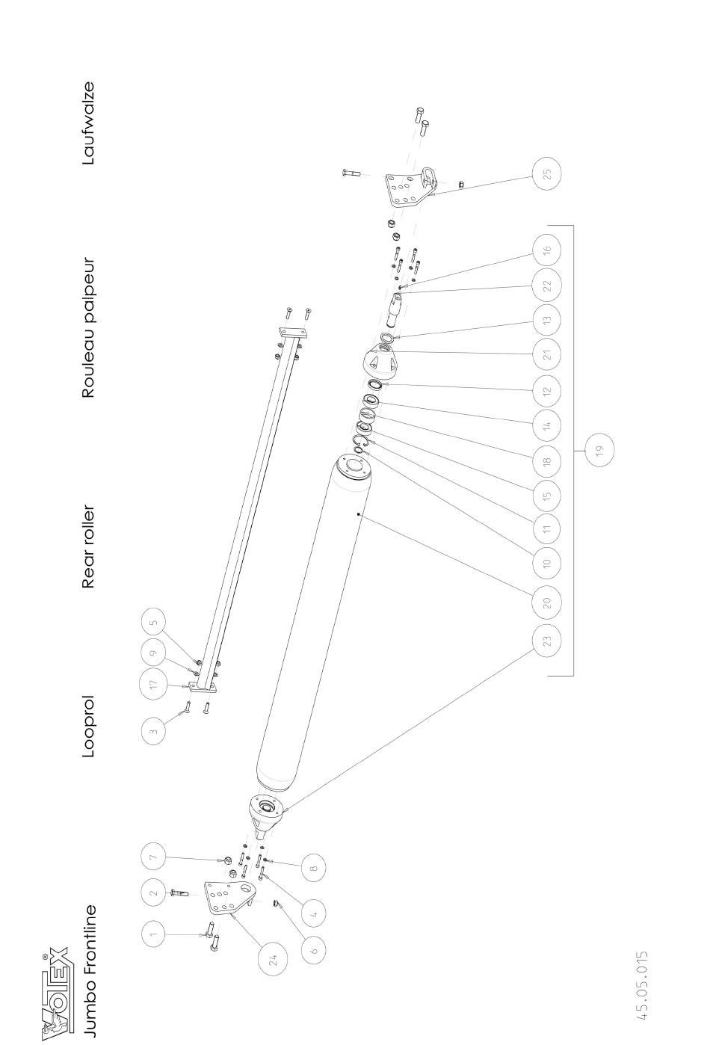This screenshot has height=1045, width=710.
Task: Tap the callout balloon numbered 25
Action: [x=547, y=173]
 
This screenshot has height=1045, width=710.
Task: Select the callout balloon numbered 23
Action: [x=547, y=640]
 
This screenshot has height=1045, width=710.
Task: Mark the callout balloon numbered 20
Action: [x=547, y=602]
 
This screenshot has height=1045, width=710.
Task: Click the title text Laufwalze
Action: [x=88, y=123]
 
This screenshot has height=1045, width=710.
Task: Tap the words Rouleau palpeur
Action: [x=89, y=328]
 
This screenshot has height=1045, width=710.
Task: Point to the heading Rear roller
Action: [x=88, y=546]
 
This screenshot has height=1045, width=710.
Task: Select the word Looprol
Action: [x=89, y=727]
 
